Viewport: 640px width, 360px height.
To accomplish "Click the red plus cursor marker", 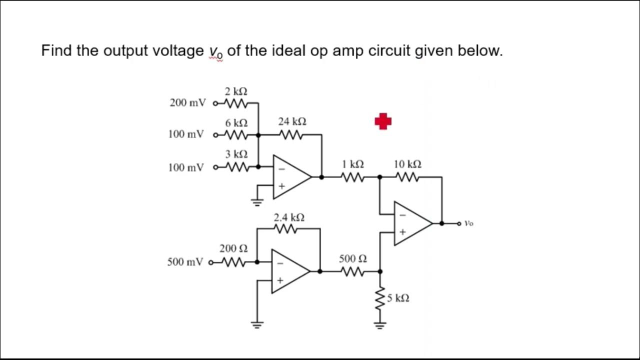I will [383, 121].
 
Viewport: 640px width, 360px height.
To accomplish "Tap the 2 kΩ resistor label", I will [235, 91].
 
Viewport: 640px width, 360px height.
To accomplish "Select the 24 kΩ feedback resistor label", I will [292, 121].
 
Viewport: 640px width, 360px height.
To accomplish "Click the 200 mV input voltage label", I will [187, 103].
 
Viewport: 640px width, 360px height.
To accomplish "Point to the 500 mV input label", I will [185, 262].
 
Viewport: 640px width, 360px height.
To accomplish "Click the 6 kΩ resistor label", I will [235, 123].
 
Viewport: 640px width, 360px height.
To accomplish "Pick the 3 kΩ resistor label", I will [235, 154].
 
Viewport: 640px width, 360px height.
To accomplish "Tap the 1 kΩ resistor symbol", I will [352, 176].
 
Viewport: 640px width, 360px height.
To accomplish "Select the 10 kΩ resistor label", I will [407, 164].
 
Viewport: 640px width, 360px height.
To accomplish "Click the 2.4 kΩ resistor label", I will [289, 217].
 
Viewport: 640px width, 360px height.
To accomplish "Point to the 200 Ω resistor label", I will [233, 248].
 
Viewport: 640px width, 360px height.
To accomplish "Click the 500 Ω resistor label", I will [352, 258].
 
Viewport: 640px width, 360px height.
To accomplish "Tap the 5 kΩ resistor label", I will [398, 298].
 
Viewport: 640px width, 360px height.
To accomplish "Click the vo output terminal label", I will [468, 223].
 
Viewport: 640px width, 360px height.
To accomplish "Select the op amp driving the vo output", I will [411, 223].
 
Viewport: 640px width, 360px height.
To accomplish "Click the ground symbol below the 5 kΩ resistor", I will [380, 326].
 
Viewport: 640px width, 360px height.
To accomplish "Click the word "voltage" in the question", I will [177, 51].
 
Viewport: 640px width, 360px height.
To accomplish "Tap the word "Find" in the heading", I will [56, 50].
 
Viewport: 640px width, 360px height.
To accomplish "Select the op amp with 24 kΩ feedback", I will [290, 176].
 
